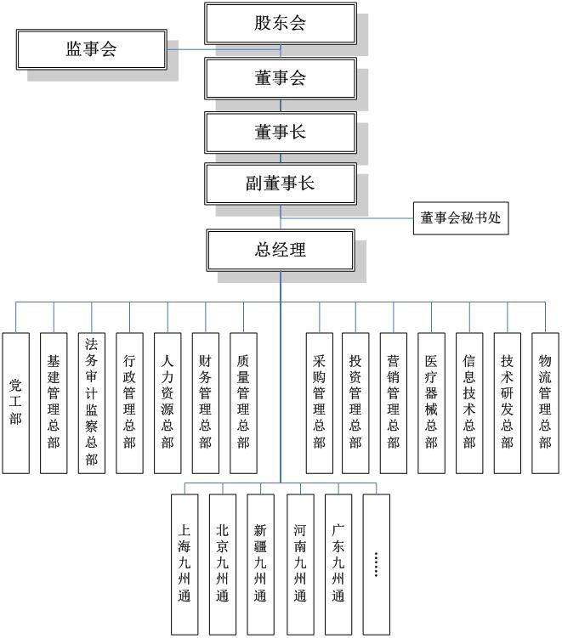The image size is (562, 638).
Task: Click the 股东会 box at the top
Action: [280, 23]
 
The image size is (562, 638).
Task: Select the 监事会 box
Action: [92, 49]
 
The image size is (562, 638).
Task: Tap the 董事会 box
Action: [280, 79]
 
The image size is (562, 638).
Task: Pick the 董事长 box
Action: [280, 132]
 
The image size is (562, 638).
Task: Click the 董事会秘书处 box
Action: [461, 218]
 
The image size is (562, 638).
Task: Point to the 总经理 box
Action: [280, 250]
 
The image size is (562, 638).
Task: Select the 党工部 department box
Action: [15, 402]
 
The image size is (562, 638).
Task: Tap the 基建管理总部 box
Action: [54, 402]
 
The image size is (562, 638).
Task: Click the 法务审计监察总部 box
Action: [92, 402]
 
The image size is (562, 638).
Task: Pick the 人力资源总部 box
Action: [167, 402]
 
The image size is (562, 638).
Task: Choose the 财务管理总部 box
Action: [205, 402]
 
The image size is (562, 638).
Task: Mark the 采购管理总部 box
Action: [319, 402]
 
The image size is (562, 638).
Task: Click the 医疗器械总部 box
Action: [431, 402]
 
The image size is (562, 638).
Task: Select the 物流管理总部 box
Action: [545, 402]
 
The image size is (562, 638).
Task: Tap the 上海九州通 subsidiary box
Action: [184, 563]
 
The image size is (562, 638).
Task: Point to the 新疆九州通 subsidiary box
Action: [260, 563]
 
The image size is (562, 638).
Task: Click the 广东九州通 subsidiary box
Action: [338, 563]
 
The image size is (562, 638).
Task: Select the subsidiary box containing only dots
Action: [376, 563]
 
